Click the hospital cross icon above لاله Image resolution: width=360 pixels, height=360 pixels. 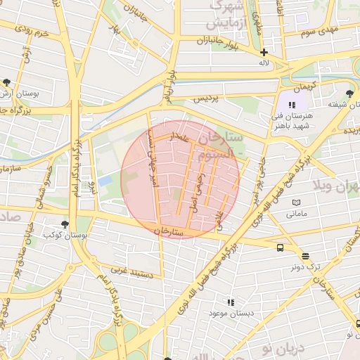point(264,52)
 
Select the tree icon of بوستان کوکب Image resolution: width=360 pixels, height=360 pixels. point(65,224)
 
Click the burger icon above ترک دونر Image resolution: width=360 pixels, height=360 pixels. point(305,257)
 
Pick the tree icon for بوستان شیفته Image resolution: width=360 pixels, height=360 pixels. point(349,93)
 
